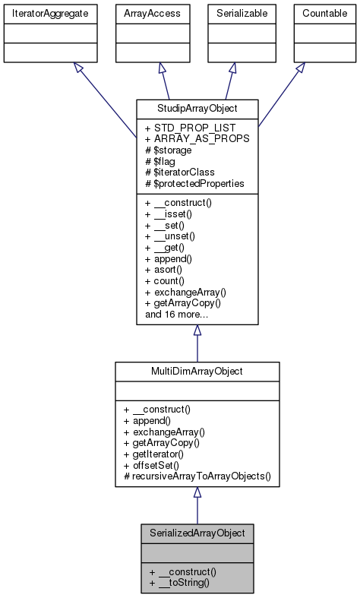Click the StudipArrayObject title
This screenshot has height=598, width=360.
197,107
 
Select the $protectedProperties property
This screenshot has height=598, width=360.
194,182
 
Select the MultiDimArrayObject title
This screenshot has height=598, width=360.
197,370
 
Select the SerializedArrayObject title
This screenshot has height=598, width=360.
197,533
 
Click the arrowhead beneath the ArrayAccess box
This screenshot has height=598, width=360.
162,68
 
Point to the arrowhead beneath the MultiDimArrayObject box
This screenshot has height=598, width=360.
197,492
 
